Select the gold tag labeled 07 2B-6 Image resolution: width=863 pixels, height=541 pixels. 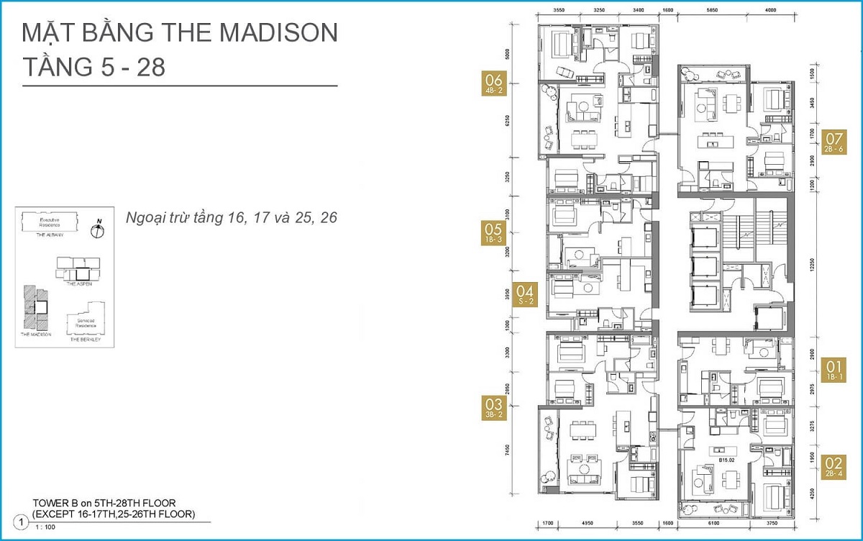click(834, 141)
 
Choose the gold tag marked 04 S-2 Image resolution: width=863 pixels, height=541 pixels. click(526, 294)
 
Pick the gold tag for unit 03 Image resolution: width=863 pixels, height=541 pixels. click(494, 408)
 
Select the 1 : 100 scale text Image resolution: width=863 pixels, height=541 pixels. click(46, 528)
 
